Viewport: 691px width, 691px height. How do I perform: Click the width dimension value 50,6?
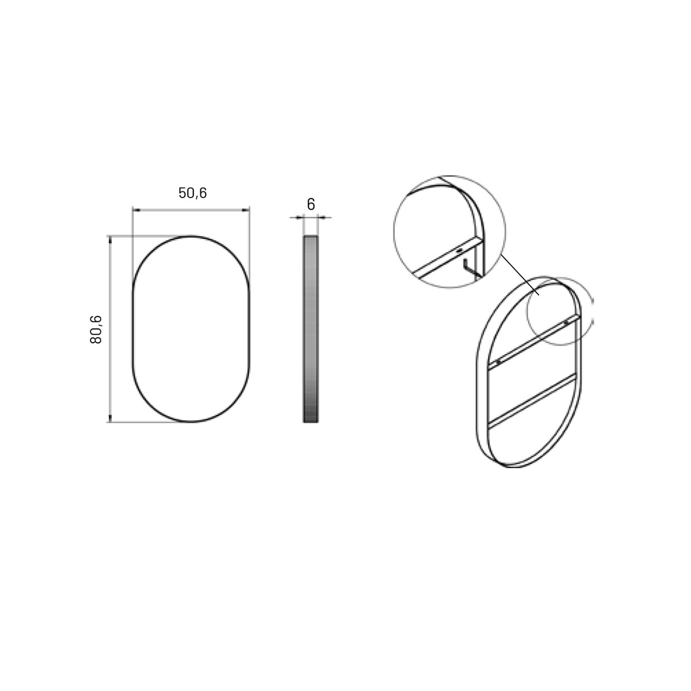pyautogui.click(x=192, y=193)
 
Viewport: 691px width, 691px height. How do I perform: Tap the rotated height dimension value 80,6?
pyautogui.click(x=96, y=329)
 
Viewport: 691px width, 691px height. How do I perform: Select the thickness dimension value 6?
pyautogui.click(x=311, y=204)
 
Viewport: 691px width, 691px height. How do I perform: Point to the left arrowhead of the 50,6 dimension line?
pyautogui.click(x=136, y=210)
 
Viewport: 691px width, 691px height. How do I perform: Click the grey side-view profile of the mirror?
pyautogui.click(x=310, y=328)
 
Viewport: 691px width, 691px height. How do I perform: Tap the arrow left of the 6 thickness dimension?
pyautogui.click(x=298, y=217)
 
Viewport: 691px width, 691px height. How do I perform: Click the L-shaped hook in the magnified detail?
pyautogui.click(x=468, y=268)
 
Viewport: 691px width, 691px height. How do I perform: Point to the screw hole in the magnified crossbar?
pyautogui.click(x=459, y=250)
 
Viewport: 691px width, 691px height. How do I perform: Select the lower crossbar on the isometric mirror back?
pyautogui.click(x=532, y=401)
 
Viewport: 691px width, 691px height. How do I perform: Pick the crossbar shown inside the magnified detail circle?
pyautogui.click(x=443, y=260)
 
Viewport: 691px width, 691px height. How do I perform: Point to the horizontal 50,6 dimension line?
pyautogui.click(x=191, y=210)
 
